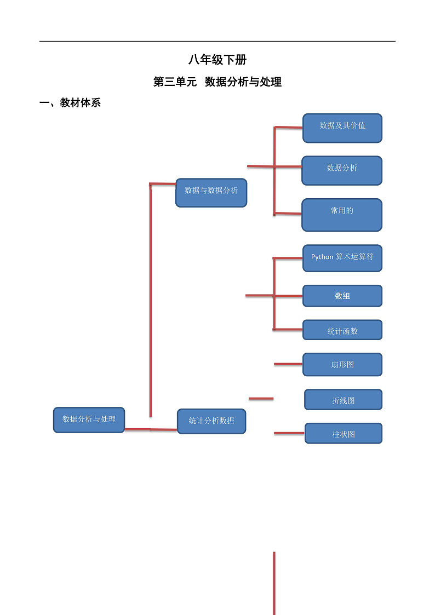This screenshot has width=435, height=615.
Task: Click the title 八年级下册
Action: (218, 60)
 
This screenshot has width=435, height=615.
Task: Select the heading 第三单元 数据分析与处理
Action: (218, 82)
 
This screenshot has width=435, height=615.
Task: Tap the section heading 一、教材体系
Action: (70, 103)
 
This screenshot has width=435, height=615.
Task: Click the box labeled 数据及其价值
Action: (342, 128)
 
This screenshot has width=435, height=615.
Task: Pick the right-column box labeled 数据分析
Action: (342, 170)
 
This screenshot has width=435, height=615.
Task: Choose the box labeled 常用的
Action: (342, 215)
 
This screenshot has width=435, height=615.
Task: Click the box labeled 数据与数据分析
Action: (211, 193)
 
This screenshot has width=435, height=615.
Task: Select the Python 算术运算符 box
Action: (342, 258)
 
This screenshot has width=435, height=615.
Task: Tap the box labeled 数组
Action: (342, 296)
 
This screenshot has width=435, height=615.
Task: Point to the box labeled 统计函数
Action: (342, 330)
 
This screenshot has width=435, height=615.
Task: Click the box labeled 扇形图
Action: (342, 365)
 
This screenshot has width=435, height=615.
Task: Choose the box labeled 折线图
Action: (343, 400)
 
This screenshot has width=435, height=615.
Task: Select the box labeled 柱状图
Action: (344, 433)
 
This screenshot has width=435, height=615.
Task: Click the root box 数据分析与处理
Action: (89, 420)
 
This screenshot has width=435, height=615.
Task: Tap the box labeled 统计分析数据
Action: (211, 421)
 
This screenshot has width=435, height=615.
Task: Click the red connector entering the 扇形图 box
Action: (288, 364)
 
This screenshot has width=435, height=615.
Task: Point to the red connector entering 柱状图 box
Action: (289, 433)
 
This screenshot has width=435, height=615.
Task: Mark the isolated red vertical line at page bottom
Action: (274, 583)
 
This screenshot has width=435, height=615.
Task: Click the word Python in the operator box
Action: (322, 257)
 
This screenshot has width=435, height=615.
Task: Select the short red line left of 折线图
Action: (261, 399)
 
